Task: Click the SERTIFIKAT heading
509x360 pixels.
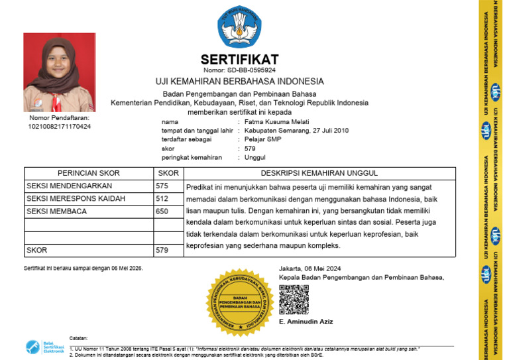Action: (x=239, y=59)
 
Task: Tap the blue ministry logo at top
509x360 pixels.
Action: (x=239, y=27)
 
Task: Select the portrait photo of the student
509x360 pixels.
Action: (x=60, y=72)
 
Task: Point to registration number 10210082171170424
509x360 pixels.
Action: (x=60, y=126)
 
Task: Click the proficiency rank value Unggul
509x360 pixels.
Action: (x=254, y=158)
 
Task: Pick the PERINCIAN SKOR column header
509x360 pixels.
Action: (x=88, y=173)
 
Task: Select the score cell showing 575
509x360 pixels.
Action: (x=162, y=186)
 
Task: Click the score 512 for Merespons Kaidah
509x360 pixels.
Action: (x=162, y=199)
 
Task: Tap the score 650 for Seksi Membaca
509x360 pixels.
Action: (x=162, y=211)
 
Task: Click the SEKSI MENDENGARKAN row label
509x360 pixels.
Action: (x=70, y=186)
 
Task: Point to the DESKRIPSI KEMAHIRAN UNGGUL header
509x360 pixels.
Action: (x=320, y=173)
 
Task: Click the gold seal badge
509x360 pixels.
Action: (x=240, y=302)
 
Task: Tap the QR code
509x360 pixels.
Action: (x=294, y=299)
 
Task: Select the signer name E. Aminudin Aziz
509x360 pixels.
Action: (x=306, y=322)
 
